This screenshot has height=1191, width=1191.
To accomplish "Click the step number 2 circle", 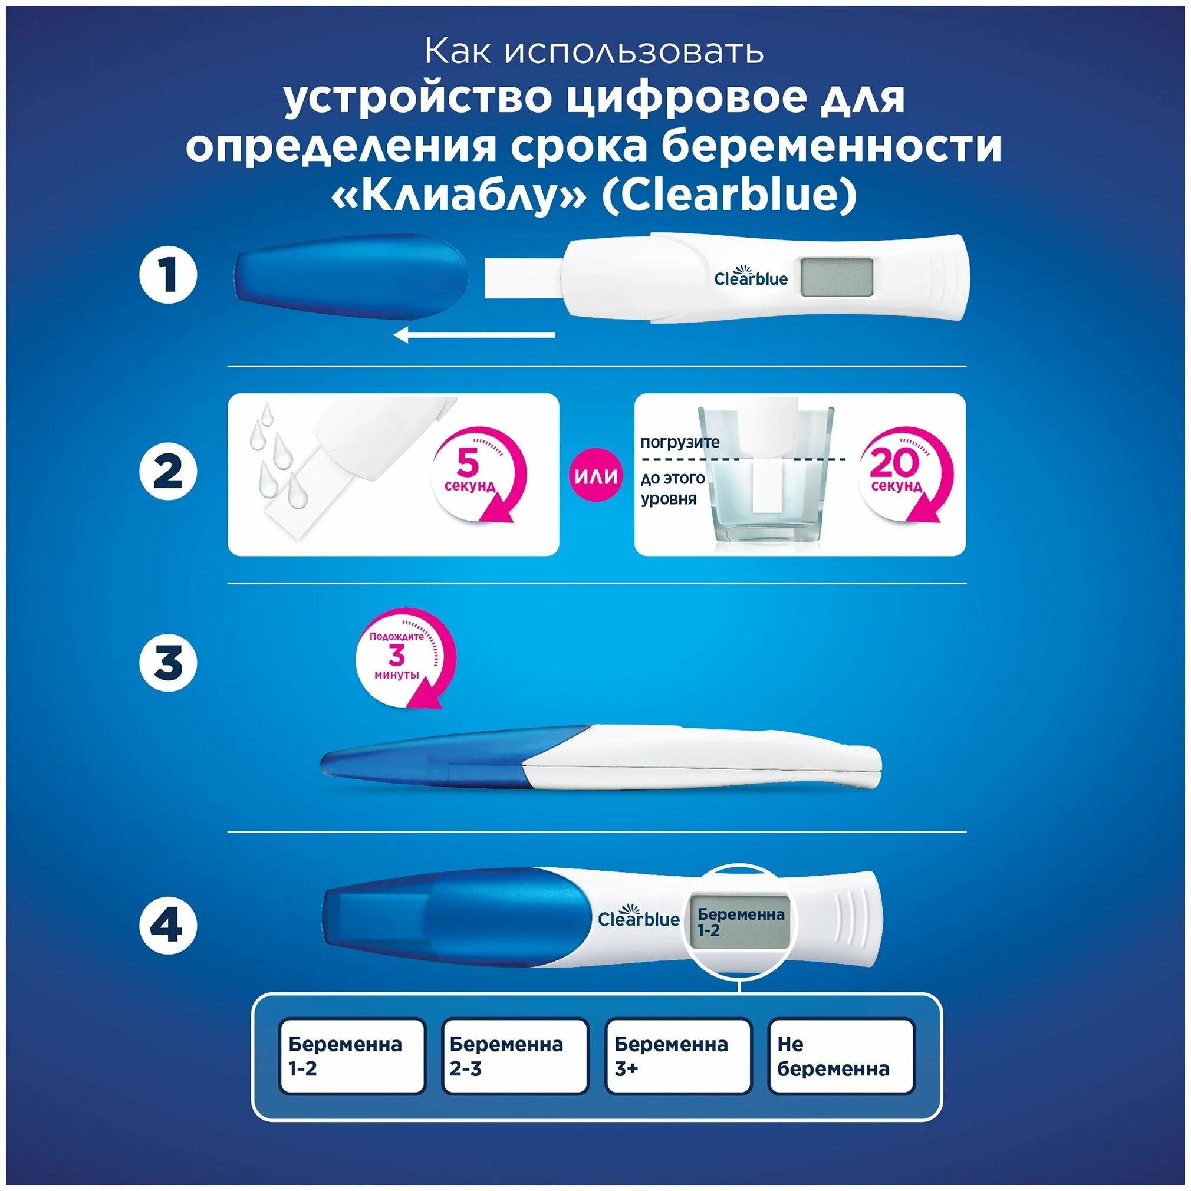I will tap(167, 473).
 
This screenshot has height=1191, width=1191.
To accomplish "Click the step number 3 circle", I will tap(167, 663).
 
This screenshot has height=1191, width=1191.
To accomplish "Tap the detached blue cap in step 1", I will tap(350, 275).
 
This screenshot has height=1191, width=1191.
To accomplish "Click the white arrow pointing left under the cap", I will tap(474, 335).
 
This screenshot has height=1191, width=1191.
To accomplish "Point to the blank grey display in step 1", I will tap(837, 277).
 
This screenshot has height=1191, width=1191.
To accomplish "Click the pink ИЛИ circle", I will tap(596, 475).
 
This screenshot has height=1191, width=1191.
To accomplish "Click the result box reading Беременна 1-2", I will tap(352, 1056).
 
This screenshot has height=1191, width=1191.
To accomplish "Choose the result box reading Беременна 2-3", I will tap(515, 1056).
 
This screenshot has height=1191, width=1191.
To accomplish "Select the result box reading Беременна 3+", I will tap(678, 1056).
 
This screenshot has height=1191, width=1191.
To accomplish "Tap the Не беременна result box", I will tap(841, 1056).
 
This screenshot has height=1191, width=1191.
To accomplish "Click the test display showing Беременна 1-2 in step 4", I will tap(740, 922).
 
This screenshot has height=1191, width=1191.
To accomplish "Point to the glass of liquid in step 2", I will tap(766, 478).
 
